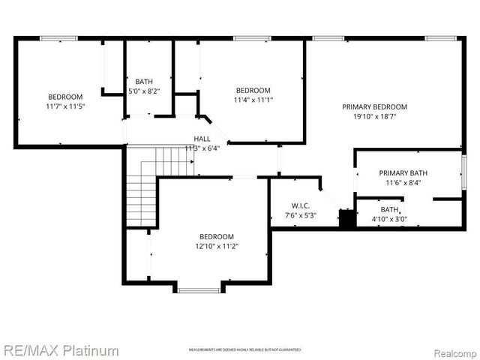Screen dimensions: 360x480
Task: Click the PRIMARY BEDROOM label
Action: tap(374, 106)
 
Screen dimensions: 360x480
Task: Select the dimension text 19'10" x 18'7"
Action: tap(374, 116)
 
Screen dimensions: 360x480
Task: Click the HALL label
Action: tap(202, 139)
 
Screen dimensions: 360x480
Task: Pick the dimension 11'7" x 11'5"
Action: tap(65, 106)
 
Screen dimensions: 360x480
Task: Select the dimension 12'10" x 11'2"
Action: tap(216, 246)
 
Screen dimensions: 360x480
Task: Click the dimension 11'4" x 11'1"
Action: tap(253, 100)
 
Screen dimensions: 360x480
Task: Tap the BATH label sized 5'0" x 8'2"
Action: tap(145, 81)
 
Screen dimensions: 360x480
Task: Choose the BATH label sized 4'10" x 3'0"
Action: tap(389, 209)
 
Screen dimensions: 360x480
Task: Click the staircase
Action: tap(141, 187)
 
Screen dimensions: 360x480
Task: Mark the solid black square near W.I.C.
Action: tap(347, 219)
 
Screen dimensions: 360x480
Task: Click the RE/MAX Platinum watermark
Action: tap(60, 350)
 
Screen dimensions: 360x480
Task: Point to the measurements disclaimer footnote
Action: tap(244, 350)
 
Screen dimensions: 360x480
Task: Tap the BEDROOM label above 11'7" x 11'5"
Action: tap(65, 97)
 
